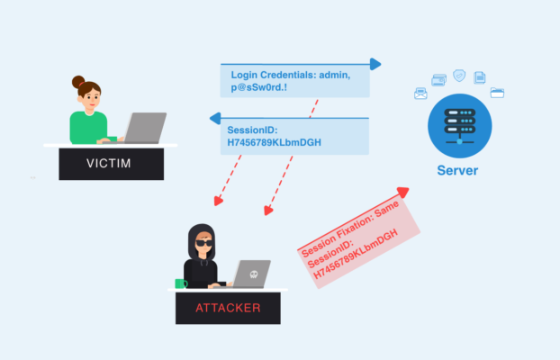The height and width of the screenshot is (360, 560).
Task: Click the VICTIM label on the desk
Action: tap(108, 164)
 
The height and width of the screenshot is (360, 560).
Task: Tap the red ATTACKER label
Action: tap(228, 308)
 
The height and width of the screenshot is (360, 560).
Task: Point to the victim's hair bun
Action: tap(78, 81)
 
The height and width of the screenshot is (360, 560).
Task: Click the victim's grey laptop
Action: tap(144, 127)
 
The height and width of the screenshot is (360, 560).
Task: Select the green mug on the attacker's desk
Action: tap(181, 283)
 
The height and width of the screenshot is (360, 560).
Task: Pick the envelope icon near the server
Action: tap(420, 93)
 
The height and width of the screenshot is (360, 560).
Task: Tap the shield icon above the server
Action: tap(459, 75)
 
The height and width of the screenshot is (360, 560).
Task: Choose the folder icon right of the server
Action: tap(497, 92)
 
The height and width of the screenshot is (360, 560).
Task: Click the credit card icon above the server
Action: tap(439, 80)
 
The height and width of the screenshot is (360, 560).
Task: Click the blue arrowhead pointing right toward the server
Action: tap(375, 64)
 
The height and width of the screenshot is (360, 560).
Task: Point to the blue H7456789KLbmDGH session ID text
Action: tap(275, 142)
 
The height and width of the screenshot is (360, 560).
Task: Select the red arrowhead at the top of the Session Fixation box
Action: tap(402, 192)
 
